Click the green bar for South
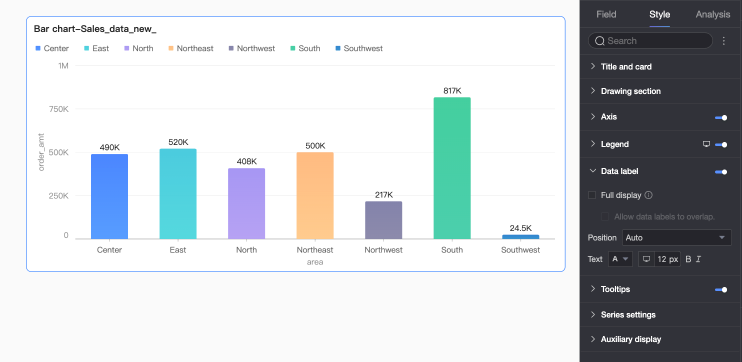pos(452,168)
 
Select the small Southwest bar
pos(520,237)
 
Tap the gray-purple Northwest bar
pos(383,220)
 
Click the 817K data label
pos(452,90)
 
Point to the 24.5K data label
pos(520,228)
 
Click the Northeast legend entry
pos(191,48)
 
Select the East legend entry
pos(96,48)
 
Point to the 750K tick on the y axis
pos(58,109)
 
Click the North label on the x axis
pos(246,249)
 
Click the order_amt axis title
pos(41,152)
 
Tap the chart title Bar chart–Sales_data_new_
pos(95,29)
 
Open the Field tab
pos(606,14)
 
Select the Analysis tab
pos(713,14)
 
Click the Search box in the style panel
pos(650,40)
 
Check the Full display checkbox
pos(592,195)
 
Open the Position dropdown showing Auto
pos(676,237)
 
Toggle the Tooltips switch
pos(721,290)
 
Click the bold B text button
pos(688,259)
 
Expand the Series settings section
pos(628,314)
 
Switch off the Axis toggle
pos(721,117)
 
